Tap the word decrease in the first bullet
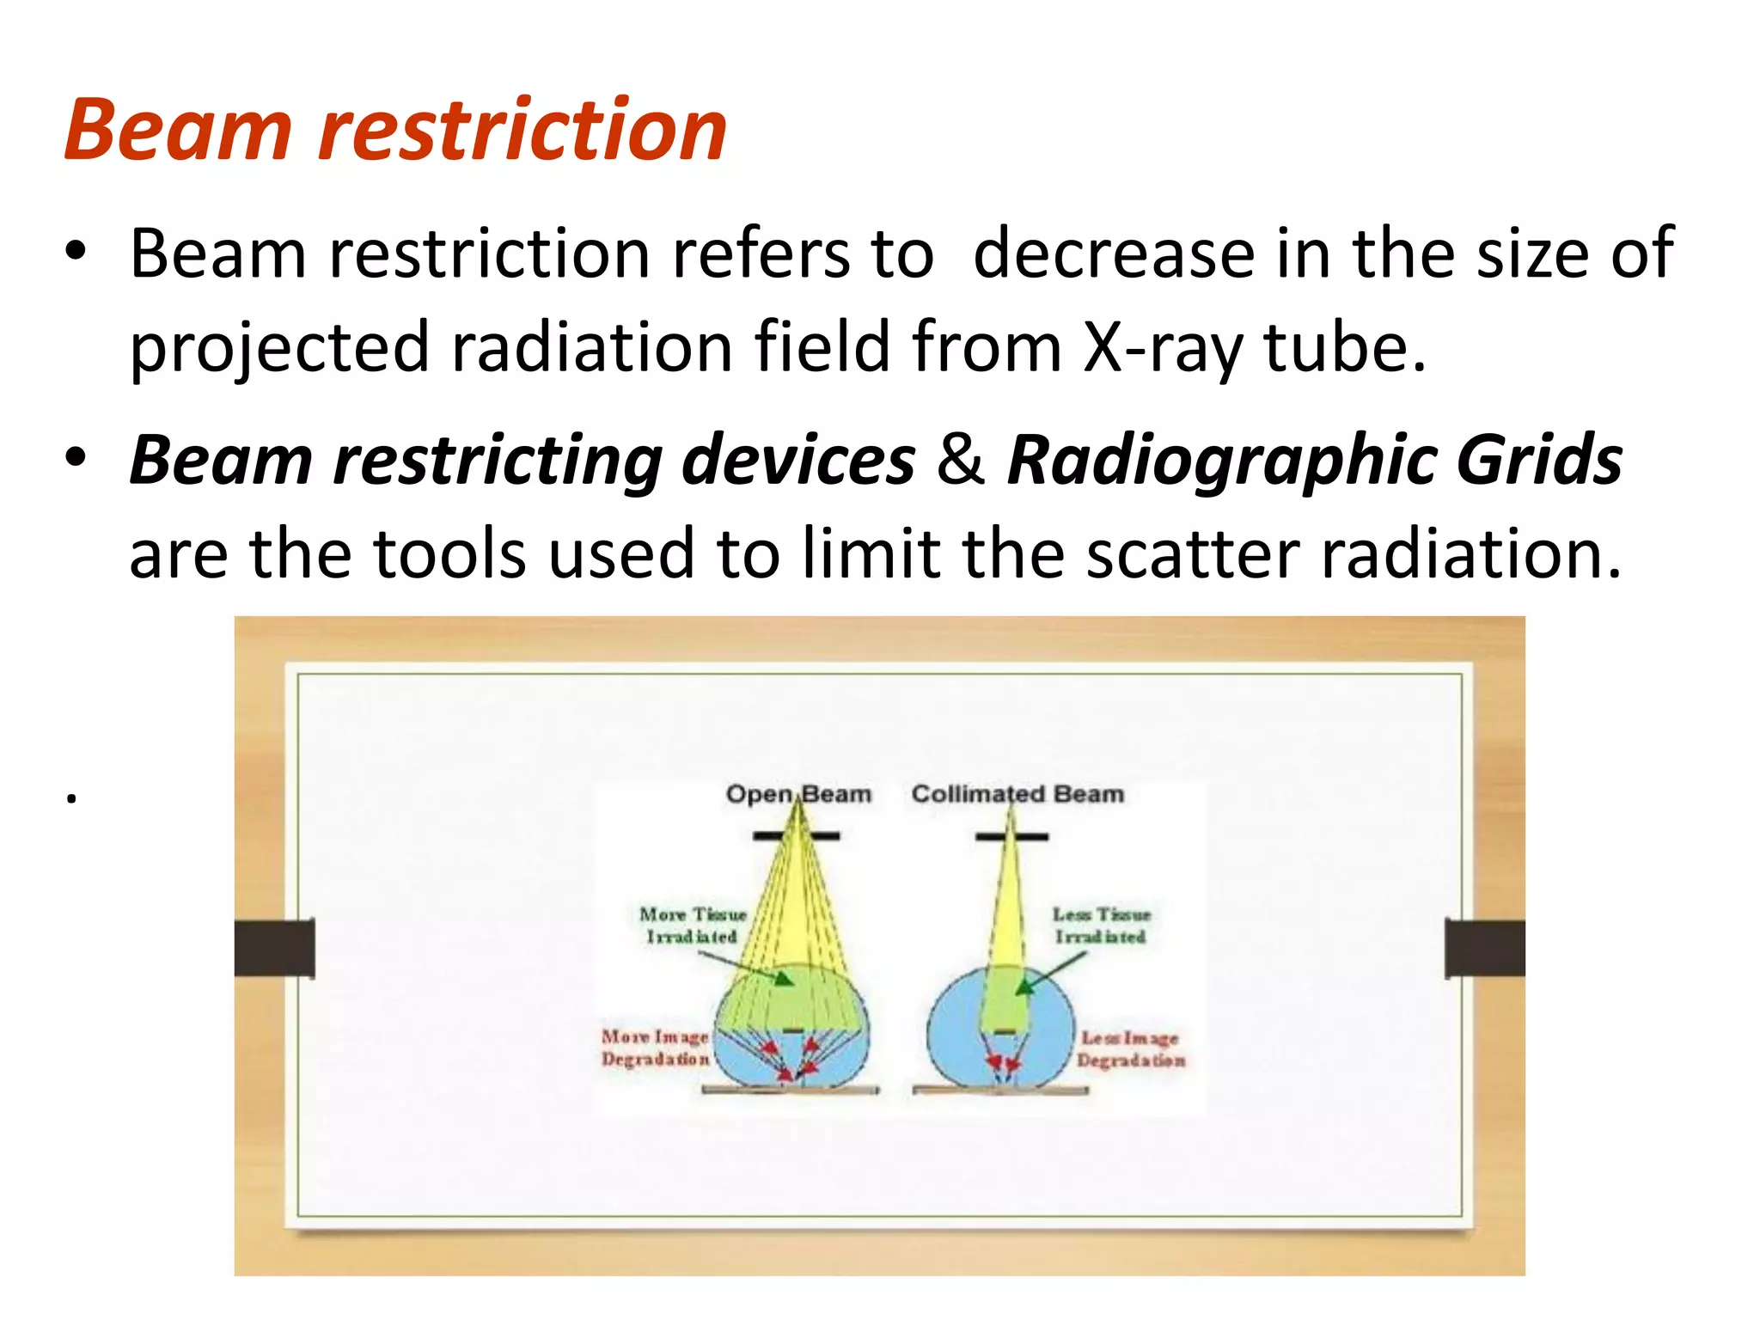(1113, 254)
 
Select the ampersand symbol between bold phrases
(960, 460)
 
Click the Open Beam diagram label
(798, 794)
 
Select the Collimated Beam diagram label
(1017, 794)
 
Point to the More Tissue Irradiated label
(693, 926)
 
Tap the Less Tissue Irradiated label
(1101, 926)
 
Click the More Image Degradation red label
(655, 1048)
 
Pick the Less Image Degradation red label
(1131, 1049)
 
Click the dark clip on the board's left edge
(275, 948)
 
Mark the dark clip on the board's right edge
(1485, 948)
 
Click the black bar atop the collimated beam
(1011, 836)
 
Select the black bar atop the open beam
(797, 835)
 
